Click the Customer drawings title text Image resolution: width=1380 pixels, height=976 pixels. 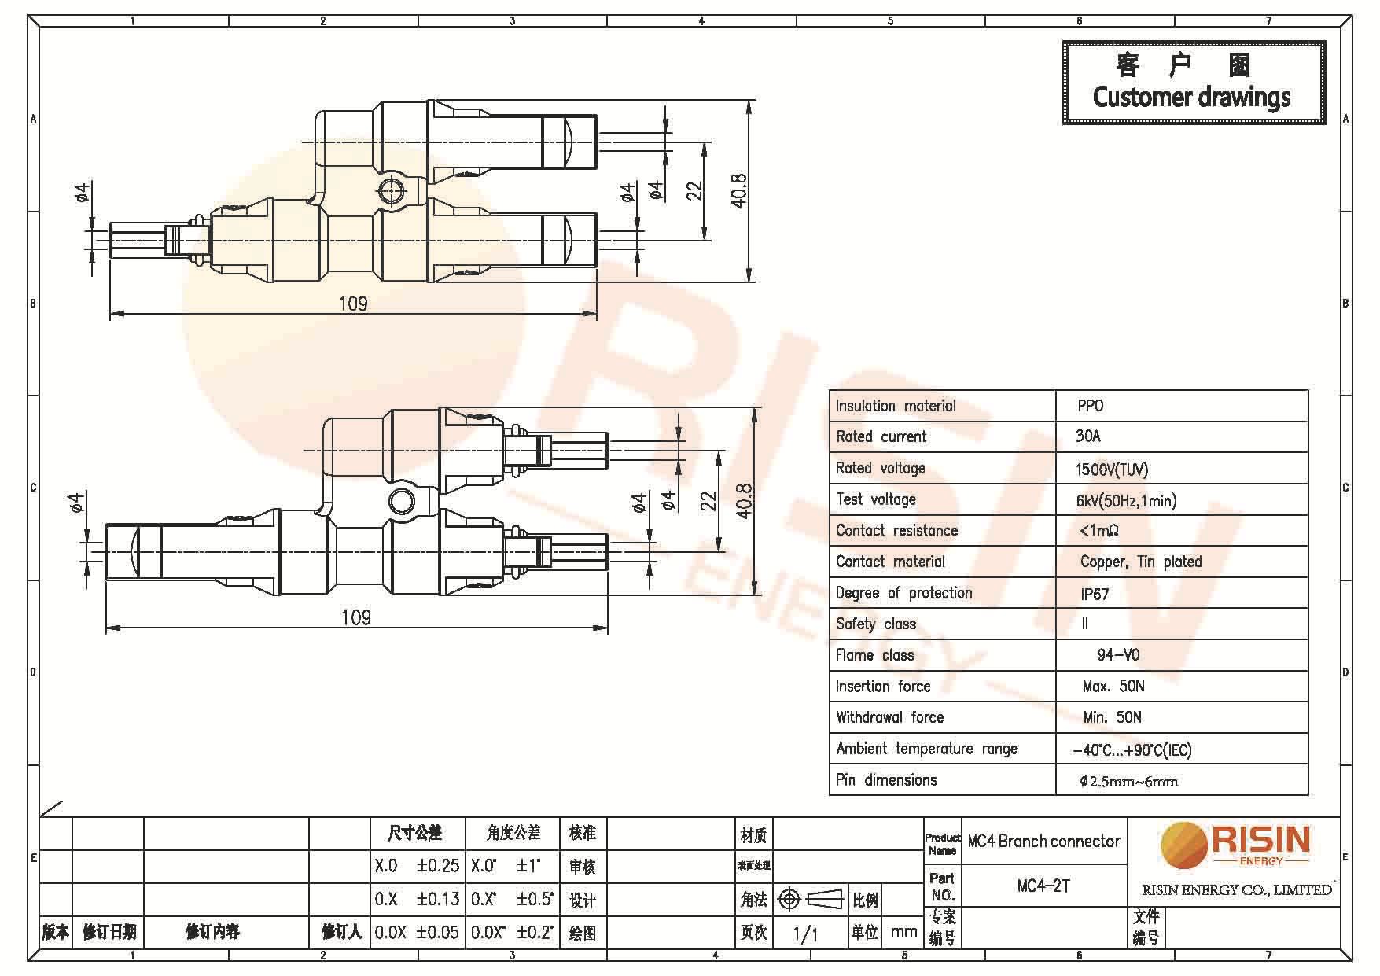pyautogui.click(x=1191, y=98)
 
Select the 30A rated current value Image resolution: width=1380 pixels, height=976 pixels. pyautogui.click(x=1088, y=436)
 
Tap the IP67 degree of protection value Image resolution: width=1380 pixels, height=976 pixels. pyautogui.click(x=1095, y=594)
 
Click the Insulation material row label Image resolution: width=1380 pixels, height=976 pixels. pyautogui.click(x=895, y=406)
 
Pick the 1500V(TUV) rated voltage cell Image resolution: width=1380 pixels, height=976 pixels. pyautogui.click(x=1111, y=470)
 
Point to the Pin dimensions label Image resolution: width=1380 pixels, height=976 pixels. pyautogui.click(x=886, y=780)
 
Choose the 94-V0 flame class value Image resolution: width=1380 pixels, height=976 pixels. pyautogui.click(x=1117, y=655)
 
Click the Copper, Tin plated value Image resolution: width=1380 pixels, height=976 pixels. pyautogui.click(x=1140, y=562)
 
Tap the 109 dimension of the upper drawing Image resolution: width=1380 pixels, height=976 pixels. pyautogui.click(x=352, y=304)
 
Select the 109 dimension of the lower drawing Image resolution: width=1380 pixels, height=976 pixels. pyautogui.click(x=355, y=617)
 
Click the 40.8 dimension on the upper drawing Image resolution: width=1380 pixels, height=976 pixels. pyautogui.click(x=739, y=190)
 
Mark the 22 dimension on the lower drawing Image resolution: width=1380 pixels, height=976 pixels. pyautogui.click(x=708, y=501)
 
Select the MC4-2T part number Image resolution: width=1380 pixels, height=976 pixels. pyautogui.click(x=1043, y=886)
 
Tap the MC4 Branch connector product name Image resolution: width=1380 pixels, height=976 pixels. pyautogui.click(x=1043, y=842)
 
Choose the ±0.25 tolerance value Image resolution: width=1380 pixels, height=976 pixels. pyautogui.click(x=438, y=866)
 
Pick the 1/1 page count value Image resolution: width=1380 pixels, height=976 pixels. pyautogui.click(x=805, y=934)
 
